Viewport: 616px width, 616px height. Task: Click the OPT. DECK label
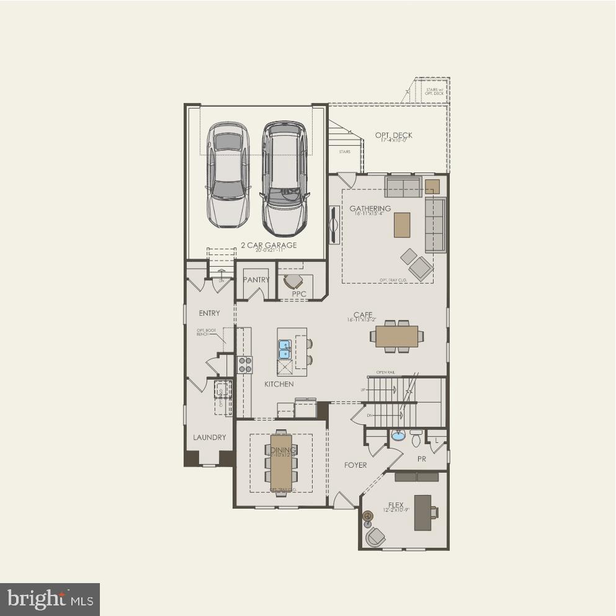point(393,135)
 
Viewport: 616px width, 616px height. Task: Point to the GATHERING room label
point(370,208)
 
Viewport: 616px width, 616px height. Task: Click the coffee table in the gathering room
point(402,225)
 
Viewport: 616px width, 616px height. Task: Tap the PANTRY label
point(256,280)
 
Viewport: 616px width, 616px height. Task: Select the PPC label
point(299,294)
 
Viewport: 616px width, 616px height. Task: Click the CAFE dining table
point(397,336)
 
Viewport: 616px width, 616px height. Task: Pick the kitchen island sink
point(285,349)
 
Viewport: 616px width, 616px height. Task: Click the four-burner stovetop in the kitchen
point(245,364)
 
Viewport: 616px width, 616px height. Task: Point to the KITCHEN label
point(279,385)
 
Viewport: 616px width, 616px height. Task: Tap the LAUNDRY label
point(209,437)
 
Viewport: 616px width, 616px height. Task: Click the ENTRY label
point(209,313)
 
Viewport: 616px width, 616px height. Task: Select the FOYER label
point(355,465)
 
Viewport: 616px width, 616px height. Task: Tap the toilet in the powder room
point(416,439)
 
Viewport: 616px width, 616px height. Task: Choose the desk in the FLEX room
point(423,512)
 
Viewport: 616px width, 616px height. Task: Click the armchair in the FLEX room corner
point(375,537)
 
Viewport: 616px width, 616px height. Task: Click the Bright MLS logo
point(50,599)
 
